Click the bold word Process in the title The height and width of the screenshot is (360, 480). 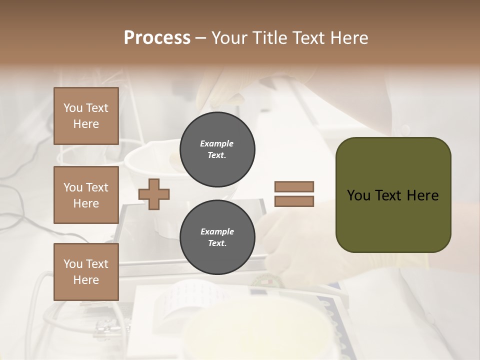click(157, 38)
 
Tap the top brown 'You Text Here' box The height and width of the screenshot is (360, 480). click(86, 116)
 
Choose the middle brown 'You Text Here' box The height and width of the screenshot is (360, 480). click(86, 195)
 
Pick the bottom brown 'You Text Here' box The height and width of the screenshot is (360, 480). click(86, 272)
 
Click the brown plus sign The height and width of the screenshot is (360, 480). click(154, 194)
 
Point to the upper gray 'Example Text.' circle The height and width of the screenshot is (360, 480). click(217, 149)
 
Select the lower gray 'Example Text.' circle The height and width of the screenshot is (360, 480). click(217, 237)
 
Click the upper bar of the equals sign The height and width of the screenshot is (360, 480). click(294, 186)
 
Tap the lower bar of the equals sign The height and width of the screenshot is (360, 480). click(294, 201)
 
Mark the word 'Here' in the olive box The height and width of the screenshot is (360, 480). click(422, 195)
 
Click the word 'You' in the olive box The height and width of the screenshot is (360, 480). click(359, 195)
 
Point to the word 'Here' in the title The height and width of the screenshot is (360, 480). click(349, 38)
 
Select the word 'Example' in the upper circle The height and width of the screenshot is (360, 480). click(217, 143)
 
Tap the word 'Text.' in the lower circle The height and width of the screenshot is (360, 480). click(217, 243)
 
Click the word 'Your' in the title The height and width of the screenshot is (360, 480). click(229, 38)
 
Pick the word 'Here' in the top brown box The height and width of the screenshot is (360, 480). click(86, 124)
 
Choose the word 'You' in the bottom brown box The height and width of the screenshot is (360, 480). click(72, 264)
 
